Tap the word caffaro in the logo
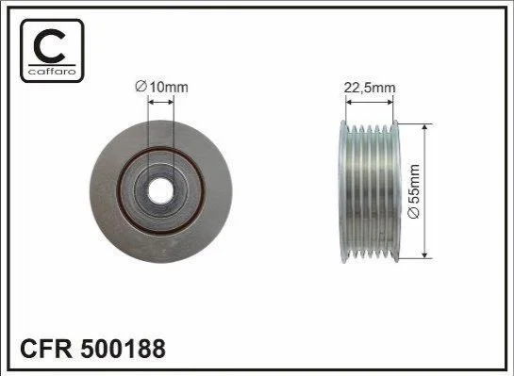pyautogui.click(x=52, y=71)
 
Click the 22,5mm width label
pyautogui.click(x=370, y=88)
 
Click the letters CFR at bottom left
pyautogui.click(x=46, y=349)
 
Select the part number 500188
pyautogui.click(x=123, y=349)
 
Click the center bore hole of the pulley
pyautogui.click(x=160, y=191)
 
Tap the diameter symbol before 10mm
pyautogui.click(x=141, y=87)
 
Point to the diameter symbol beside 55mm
pyautogui.click(x=414, y=213)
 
